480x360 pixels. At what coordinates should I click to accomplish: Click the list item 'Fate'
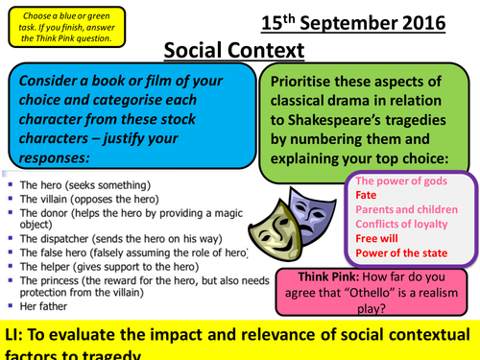click(367, 194)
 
